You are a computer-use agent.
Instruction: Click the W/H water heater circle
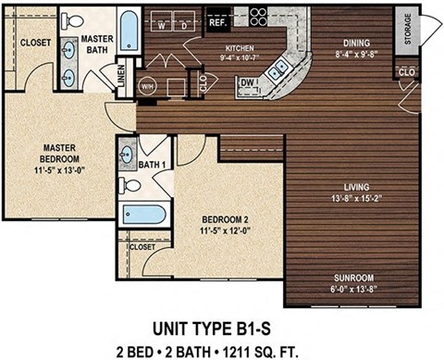[147, 87]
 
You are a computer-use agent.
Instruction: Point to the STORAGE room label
[404, 27]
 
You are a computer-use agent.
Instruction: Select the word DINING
[357, 42]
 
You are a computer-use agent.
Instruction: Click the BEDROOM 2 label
[225, 219]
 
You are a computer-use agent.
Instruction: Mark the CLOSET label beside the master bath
[35, 43]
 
